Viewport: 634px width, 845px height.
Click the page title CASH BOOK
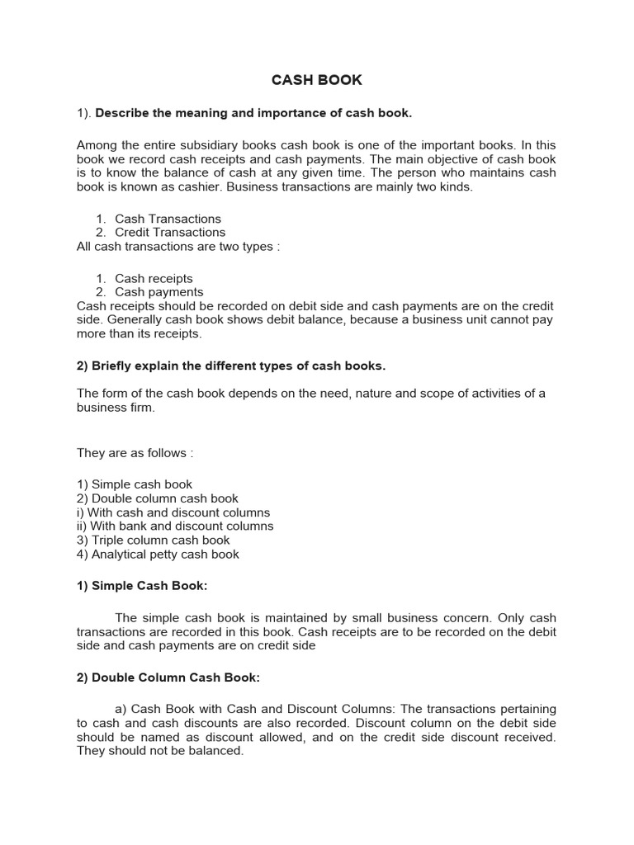[317, 80]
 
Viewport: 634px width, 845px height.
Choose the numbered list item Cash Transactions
[168, 219]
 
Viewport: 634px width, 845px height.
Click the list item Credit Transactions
[169, 232]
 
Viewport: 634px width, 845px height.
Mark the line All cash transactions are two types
[178, 246]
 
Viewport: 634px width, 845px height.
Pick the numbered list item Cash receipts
[154, 279]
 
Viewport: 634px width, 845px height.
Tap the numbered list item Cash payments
[158, 292]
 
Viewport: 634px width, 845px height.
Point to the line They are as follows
[135, 452]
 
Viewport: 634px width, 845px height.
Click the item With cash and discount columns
[179, 512]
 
